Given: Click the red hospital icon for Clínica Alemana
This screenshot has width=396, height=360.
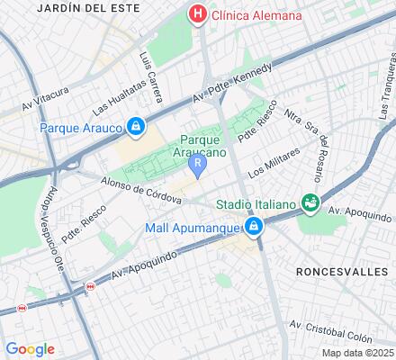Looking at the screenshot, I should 195,15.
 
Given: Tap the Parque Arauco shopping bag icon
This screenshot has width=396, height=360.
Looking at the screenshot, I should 135,127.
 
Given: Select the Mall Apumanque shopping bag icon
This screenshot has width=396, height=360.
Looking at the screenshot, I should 255,227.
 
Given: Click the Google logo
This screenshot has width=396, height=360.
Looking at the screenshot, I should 30,349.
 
